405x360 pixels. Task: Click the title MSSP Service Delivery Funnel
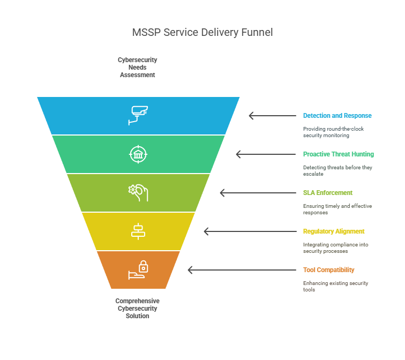point(202,33)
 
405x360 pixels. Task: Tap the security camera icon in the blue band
point(138,115)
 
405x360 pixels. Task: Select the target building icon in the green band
point(138,154)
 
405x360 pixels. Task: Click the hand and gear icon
point(138,193)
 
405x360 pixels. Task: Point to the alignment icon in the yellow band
point(138,231)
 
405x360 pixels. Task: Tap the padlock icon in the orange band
point(138,270)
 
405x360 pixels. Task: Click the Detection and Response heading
point(337,116)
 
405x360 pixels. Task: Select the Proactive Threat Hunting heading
point(339,154)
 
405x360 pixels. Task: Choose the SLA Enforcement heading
point(328,193)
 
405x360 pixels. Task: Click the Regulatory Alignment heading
point(334,231)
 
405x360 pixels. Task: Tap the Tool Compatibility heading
point(328,270)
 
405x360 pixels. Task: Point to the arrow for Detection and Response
point(273,116)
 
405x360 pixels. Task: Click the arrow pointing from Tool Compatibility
point(242,270)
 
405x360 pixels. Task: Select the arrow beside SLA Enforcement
point(258,193)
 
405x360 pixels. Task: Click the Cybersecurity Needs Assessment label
point(137,67)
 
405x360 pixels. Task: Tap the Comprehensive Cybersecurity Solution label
point(137,309)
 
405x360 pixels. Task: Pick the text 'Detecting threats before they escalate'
point(337,171)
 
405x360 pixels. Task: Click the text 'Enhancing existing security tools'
point(335,287)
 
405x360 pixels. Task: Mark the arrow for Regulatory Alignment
point(250,231)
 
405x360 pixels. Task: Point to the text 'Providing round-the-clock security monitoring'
point(333,132)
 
